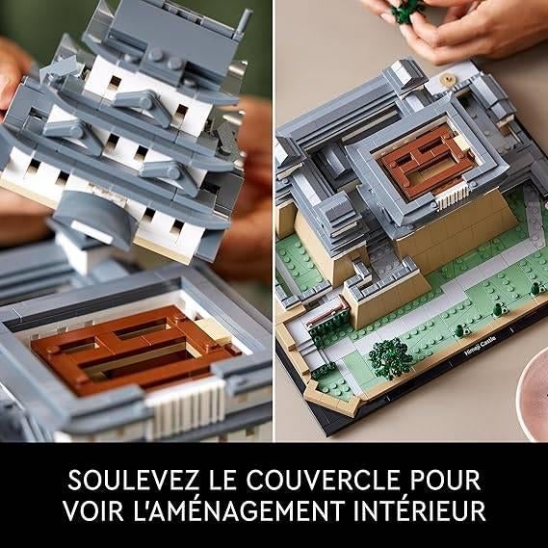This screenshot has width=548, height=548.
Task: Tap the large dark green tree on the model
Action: coord(389,355)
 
